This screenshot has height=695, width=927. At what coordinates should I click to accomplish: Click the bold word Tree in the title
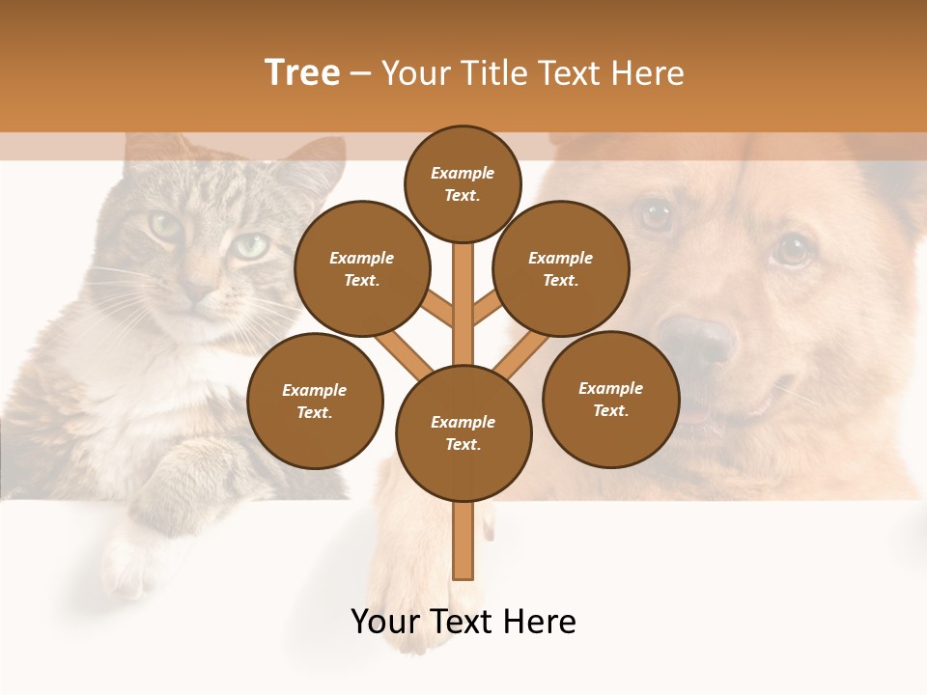pos(302,73)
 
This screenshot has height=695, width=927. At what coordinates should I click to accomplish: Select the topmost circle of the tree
pos(463,183)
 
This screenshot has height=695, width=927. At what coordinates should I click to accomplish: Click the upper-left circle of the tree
pos(361,268)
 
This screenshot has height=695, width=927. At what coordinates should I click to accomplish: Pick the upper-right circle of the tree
pos(560,268)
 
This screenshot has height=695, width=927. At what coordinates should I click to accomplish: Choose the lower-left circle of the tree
pos(315,401)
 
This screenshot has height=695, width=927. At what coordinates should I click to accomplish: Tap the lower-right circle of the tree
pos(610,399)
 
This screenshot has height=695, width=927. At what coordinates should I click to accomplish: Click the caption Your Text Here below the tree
pos(463,622)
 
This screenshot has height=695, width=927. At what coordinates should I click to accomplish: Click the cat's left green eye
pos(164,226)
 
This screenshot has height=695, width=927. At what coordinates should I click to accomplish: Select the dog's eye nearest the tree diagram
pos(657,214)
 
